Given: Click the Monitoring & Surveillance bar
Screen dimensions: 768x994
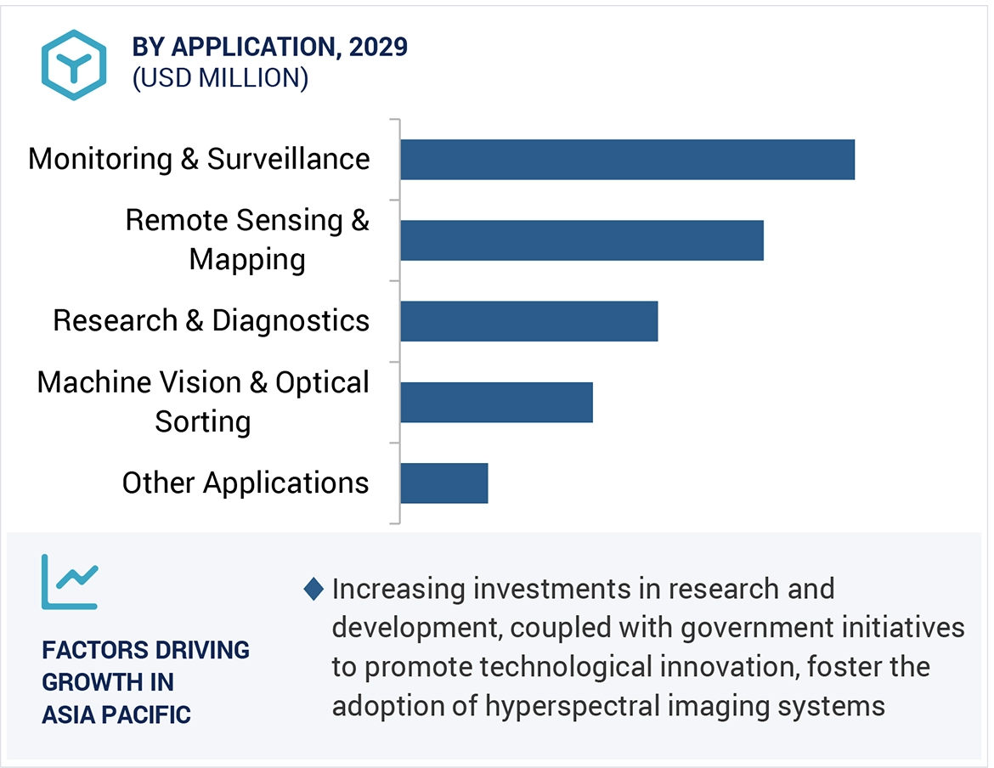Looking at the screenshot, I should click(x=627, y=160).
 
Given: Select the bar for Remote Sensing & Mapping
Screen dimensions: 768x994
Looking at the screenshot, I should click(x=582, y=240).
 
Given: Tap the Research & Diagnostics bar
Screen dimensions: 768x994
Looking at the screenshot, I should click(x=528, y=321).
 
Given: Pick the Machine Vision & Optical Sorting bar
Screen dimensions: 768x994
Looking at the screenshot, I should click(x=496, y=402).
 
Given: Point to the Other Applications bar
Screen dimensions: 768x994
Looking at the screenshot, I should click(x=443, y=483).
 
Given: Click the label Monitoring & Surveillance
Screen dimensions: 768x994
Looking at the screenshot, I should click(x=199, y=159).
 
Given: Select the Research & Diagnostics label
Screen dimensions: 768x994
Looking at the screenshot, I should click(x=212, y=320).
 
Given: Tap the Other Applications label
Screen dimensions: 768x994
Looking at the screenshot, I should click(x=246, y=483).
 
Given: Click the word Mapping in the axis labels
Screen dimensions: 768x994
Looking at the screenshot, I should click(x=247, y=259).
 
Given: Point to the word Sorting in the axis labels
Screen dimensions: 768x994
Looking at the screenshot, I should click(x=203, y=421).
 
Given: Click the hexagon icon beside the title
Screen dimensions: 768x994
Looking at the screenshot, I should click(x=74, y=65).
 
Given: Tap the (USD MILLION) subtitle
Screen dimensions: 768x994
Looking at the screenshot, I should click(x=220, y=78).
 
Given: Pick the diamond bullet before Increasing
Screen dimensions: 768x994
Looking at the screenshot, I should click(x=313, y=588).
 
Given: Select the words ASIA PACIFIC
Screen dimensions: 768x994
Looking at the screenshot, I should click(x=116, y=714).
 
